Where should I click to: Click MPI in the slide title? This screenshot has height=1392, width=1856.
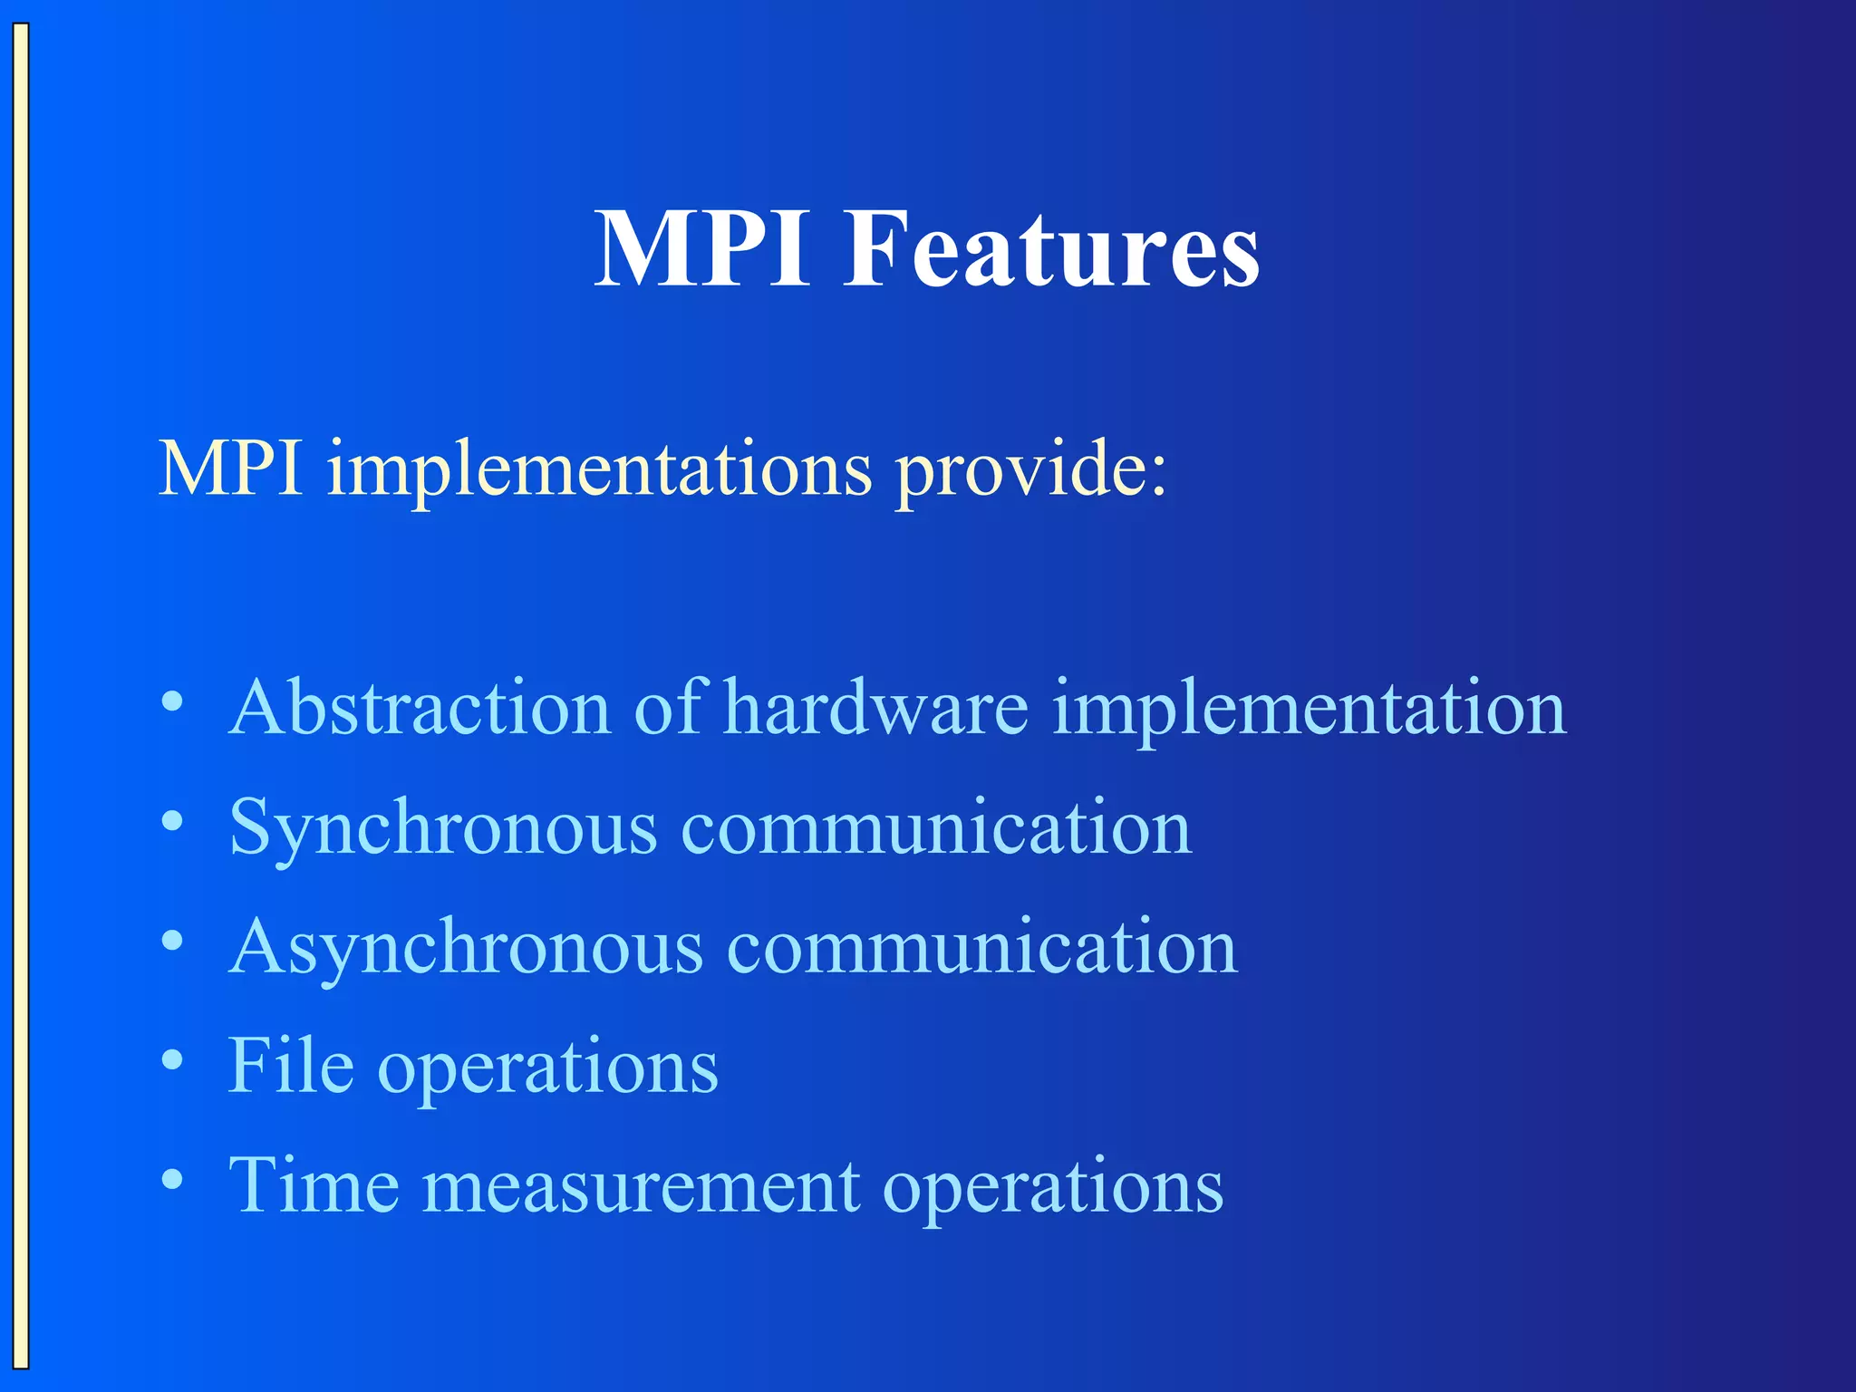701,249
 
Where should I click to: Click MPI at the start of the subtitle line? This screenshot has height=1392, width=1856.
230,469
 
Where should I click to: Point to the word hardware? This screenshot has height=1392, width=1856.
876,708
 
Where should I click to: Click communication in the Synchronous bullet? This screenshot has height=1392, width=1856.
935,827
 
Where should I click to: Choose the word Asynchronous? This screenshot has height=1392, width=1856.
466,948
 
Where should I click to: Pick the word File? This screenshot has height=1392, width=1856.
291,1066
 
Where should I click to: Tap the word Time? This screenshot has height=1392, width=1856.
314,1185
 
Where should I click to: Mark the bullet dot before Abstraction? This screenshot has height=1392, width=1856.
172,703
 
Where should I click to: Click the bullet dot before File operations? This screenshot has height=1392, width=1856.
172,1060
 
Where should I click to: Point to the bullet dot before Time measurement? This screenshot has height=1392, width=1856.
172,1179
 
